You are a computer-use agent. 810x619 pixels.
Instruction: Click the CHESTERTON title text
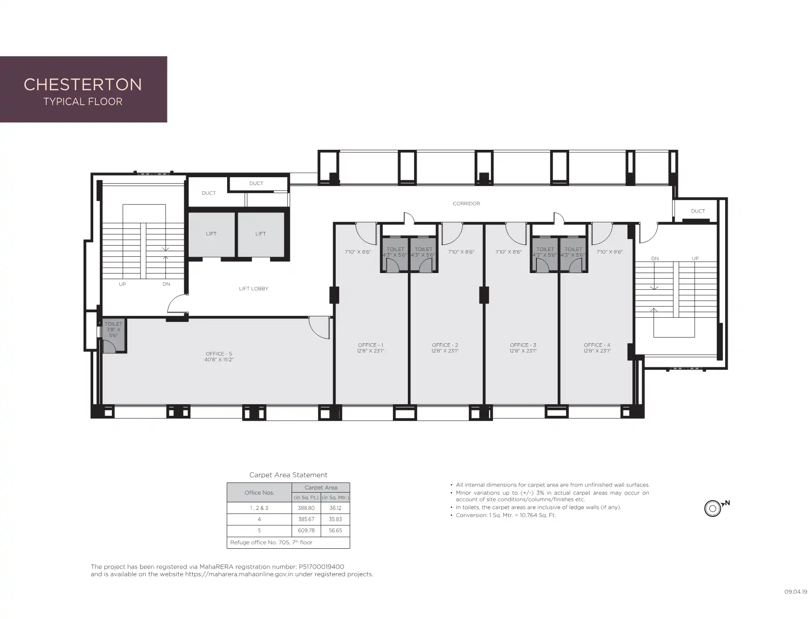[x=83, y=84]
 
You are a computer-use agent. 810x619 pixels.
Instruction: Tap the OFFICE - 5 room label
[x=219, y=354]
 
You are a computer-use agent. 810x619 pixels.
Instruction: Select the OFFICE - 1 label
[x=371, y=345]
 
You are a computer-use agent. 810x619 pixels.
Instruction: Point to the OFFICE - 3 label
[x=523, y=345]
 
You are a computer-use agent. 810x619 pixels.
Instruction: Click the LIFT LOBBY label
[x=254, y=289]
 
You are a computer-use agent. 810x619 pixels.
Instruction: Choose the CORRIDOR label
[x=466, y=204]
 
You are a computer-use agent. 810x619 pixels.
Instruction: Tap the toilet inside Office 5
[x=114, y=335]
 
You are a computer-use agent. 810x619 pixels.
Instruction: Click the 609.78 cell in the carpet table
[x=306, y=531]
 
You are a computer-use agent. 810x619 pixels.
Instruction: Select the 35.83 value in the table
[x=335, y=519]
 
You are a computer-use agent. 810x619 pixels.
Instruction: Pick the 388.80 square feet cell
[x=306, y=508]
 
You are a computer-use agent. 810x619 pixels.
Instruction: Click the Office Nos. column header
[x=259, y=493]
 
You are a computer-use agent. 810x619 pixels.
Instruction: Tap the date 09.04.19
[x=796, y=592]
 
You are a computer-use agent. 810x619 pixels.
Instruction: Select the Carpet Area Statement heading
[x=288, y=475]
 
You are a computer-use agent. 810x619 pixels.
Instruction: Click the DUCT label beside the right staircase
[x=698, y=211]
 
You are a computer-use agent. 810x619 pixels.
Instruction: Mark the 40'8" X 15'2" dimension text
[x=219, y=360]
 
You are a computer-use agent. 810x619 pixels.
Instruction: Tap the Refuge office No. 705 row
[x=271, y=542]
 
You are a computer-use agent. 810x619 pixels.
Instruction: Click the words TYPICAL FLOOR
[x=83, y=102]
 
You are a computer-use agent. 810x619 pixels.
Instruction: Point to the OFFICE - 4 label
[x=597, y=345]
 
